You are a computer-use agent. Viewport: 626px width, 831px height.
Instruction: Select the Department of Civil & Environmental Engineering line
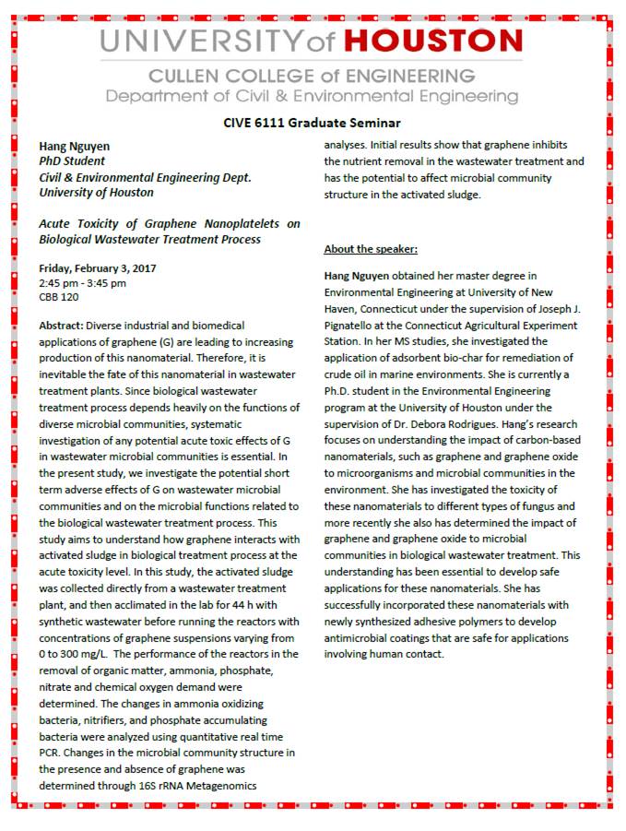pos(312,96)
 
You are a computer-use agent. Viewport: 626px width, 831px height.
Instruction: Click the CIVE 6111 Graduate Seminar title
pos(312,123)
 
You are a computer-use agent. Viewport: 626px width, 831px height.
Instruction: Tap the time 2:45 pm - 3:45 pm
pos(82,283)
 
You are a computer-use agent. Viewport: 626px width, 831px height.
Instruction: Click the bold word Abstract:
pos(62,326)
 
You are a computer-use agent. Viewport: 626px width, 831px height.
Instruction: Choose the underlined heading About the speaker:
pos(371,249)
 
